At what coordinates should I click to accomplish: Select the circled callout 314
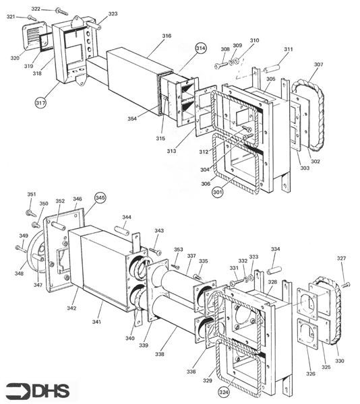(200, 49)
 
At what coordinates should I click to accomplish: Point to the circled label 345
(100, 198)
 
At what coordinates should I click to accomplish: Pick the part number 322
(35, 9)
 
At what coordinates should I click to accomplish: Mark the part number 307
(318, 65)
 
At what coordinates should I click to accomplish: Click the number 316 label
(167, 36)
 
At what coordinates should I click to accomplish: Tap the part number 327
(341, 259)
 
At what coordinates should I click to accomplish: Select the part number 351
(32, 195)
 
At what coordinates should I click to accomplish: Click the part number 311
(288, 50)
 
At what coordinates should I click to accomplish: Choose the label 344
(126, 217)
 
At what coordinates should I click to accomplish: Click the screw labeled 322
(60, 11)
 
